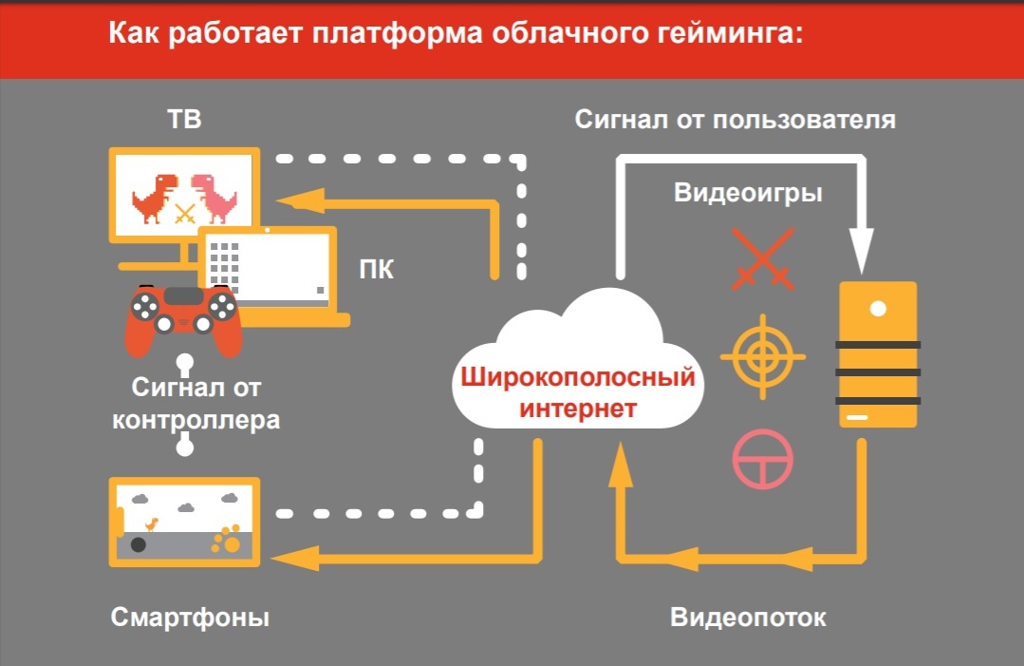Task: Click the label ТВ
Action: coord(183,121)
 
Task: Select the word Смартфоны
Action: coord(190,618)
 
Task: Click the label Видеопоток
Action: coord(748,618)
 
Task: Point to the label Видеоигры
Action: coord(748,193)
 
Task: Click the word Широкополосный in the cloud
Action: coord(578,378)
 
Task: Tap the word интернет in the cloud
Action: coord(578,410)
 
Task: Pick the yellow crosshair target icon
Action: coord(762,358)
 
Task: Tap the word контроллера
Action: coord(196,419)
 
